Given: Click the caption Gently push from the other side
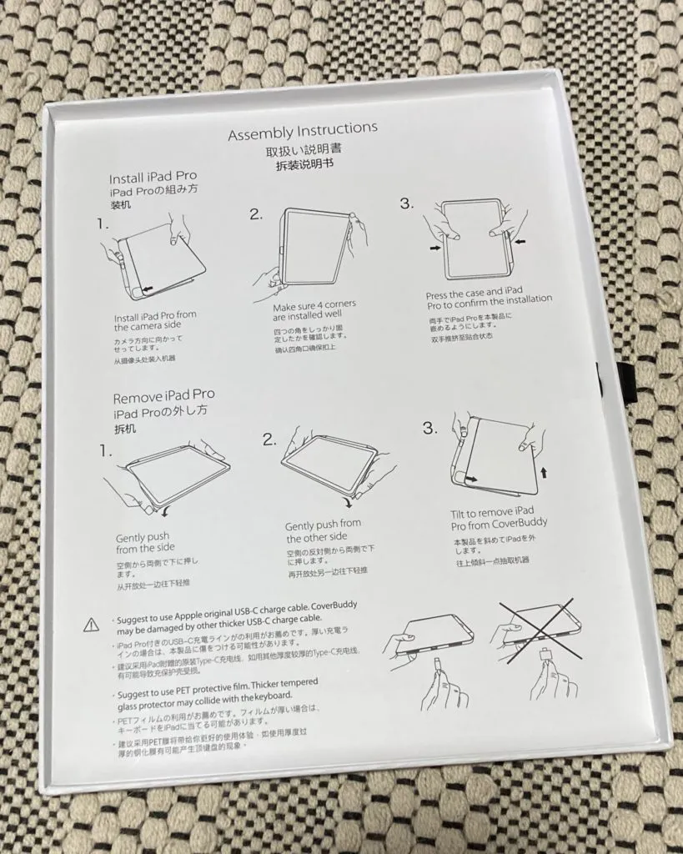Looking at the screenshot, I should click(x=324, y=531).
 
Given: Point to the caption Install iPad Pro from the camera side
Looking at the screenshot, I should click(x=156, y=320).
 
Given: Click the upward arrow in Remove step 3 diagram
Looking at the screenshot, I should click(x=544, y=473).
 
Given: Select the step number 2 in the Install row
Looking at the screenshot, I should click(x=257, y=214).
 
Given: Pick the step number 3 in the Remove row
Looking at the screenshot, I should click(x=429, y=428).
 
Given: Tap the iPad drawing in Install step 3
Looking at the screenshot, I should click(x=475, y=239).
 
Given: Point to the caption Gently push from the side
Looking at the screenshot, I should click(x=147, y=543).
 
